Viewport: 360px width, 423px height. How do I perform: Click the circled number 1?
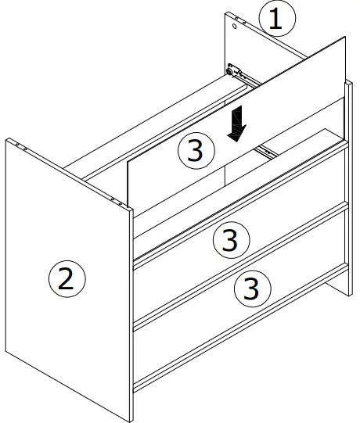(x=275, y=19)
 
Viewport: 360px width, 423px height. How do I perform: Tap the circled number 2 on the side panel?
(x=66, y=278)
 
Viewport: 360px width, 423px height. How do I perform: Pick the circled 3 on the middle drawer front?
(x=229, y=240)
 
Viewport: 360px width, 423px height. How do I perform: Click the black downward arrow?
(x=236, y=123)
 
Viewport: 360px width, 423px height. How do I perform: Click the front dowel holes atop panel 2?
(x=119, y=203)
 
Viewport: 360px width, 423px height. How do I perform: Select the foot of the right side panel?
(x=344, y=291)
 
